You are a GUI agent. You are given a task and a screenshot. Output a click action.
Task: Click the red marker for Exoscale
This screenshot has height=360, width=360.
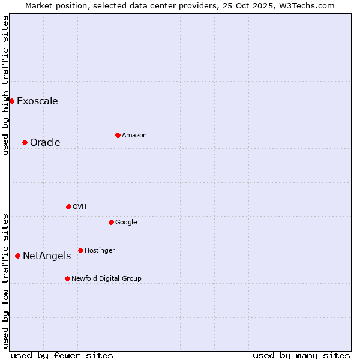(11, 101)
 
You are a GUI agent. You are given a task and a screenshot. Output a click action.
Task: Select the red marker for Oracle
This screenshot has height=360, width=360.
(25, 142)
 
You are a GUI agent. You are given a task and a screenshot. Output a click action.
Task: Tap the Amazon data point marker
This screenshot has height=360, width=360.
(118, 135)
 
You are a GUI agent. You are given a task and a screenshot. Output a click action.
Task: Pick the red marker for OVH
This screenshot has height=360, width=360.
(68, 206)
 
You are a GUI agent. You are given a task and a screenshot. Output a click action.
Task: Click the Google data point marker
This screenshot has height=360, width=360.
(111, 222)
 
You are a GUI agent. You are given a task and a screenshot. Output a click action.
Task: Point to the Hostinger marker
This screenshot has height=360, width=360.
(80, 250)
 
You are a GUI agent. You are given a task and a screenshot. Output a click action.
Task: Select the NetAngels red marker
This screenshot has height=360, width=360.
(17, 256)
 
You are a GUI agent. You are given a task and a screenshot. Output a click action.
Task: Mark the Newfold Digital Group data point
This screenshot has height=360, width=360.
(67, 278)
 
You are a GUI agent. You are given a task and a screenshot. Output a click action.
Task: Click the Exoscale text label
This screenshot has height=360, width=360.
(37, 101)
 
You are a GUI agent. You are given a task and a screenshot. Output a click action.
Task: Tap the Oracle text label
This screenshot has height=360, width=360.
(45, 142)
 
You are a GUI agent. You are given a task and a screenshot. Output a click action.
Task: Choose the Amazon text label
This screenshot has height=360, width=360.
(134, 135)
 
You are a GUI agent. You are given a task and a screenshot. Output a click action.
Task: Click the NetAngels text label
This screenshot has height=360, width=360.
(47, 256)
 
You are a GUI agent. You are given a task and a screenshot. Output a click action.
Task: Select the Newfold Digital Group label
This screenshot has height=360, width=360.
(106, 278)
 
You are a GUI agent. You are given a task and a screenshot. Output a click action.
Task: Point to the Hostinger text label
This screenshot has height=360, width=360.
(100, 250)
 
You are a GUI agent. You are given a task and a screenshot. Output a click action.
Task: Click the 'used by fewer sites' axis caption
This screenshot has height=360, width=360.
(62, 355)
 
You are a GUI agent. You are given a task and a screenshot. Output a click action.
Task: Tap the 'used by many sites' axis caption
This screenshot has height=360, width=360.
(301, 355)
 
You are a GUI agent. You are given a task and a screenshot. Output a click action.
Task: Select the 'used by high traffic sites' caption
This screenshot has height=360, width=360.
(5, 85)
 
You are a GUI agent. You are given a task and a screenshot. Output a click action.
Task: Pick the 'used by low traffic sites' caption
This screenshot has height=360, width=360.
(5, 281)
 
